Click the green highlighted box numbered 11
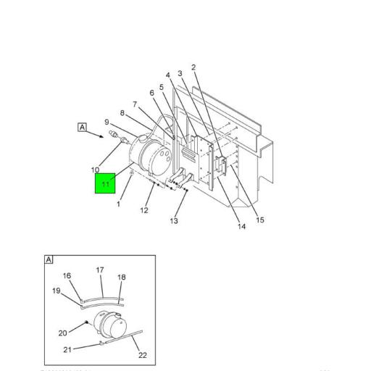click(x=106, y=184)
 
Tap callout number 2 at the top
click(x=193, y=67)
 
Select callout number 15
click(x=259, y=220)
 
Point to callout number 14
click(x=242, y=227)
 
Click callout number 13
click(x=174, y=221)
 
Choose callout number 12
click(x=144, y=211)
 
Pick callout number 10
click(x=95, y=170)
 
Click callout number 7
click(x=135, y=104)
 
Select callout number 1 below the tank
click(x=118, y=204)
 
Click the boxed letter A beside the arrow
click(x=83, y=128)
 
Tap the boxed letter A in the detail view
click(x=49, y=259)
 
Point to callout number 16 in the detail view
click(x=67, y=275)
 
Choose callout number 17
click(x=100, y=270)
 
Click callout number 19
click(x=56, y=291)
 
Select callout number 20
click(x=63, y=333)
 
